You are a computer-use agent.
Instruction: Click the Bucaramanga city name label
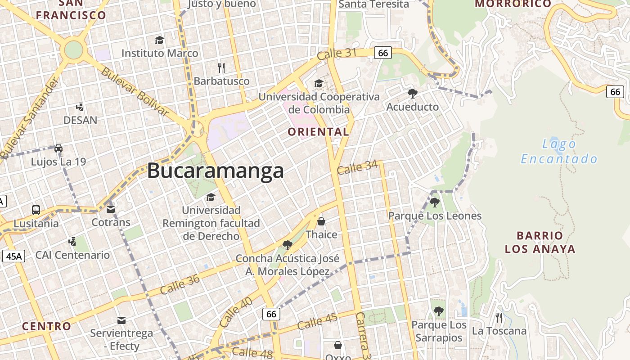click(216, 171)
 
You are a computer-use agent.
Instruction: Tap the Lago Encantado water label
click(559, 151)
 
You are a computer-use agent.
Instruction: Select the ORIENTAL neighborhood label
click(318, 132)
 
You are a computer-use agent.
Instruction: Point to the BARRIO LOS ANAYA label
click(540, 242)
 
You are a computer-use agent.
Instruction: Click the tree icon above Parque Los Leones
click(434, 202)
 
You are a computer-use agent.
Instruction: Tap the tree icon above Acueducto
click(412, 93)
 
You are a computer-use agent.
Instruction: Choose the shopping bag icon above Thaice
click(321, 221)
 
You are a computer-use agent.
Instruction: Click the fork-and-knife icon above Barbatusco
click(221, 68)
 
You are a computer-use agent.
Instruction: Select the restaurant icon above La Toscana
click(499, 317)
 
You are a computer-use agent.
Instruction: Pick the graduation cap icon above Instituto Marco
click(159, 40)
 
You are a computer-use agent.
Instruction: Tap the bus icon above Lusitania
click(36, 210)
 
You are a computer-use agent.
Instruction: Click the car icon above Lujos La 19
click(58, 148)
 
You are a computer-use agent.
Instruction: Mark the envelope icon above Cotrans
click(111, 209)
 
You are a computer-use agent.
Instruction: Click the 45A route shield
click(13, 256)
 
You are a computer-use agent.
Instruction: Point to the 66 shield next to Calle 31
click(383, 53)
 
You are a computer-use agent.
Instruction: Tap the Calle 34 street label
click(357, 168)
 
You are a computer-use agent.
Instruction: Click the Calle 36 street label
click(180, 284)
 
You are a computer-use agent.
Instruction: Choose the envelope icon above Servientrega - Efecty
click(121, 320)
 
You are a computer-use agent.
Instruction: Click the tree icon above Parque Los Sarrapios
click(438, 311)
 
